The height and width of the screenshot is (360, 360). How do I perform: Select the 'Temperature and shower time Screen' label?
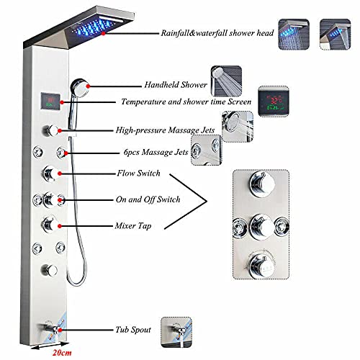(186, 102)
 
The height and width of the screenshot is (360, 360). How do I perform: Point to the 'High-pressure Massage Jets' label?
(165, 131)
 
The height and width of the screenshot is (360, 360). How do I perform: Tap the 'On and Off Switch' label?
(148, 199)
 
